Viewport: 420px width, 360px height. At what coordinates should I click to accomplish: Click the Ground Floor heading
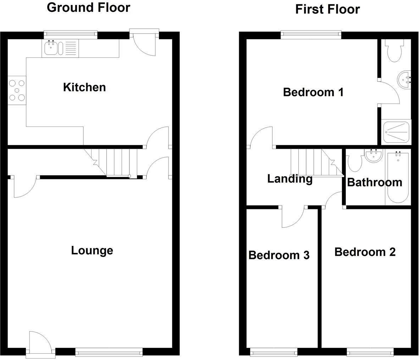click(x=88, y=7)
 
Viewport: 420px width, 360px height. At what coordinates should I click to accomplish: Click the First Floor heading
click(x=327, y=9)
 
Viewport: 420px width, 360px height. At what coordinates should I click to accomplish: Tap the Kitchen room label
click(x=84, y=87)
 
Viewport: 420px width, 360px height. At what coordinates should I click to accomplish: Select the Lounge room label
click(x=92, y=251)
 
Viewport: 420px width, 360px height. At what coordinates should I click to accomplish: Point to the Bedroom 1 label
click(x=313, y=92)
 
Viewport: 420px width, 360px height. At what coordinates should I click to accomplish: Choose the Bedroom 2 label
click(x=365, y=252)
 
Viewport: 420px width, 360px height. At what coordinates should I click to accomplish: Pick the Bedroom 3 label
click(x=279, y=255)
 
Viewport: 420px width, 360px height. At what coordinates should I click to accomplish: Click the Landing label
click(x=289, y=179)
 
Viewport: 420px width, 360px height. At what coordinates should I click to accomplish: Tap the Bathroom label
click(x=374, y=182)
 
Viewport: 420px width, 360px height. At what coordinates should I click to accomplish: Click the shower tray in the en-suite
click(x=397, y=132)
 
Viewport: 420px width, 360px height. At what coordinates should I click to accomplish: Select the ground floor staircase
click(x=114, y=163)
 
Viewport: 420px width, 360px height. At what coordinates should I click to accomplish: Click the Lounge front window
click(x=109, y=352)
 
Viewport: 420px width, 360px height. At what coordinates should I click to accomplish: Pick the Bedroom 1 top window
click(x=311, y=34)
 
